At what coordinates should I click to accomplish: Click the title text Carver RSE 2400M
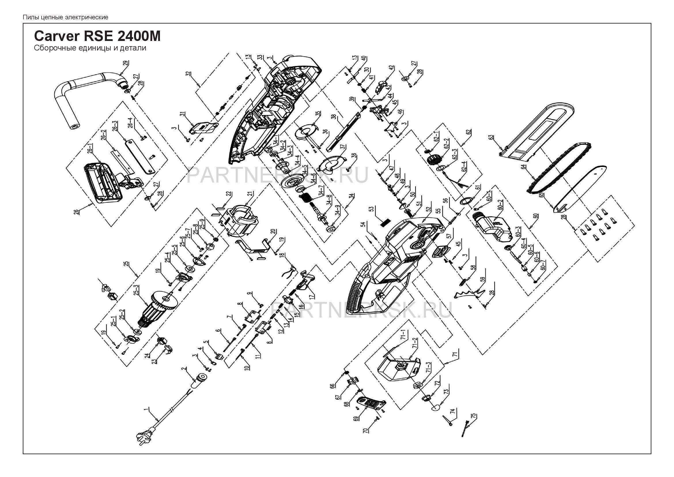97,36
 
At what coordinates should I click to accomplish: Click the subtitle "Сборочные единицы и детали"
90,48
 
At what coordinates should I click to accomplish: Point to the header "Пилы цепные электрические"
65,17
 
